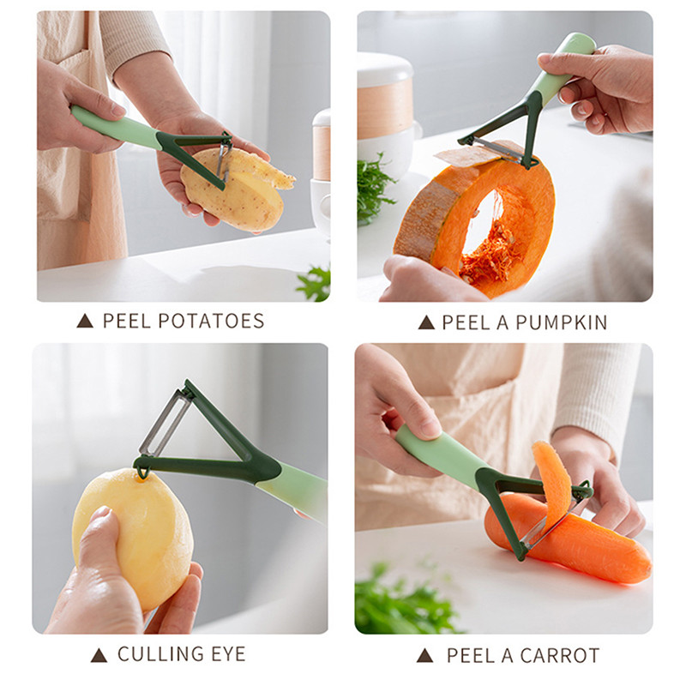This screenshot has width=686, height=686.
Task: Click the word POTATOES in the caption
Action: click(x=211, y=321)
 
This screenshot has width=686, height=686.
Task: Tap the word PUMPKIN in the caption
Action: click(x=562, y=322)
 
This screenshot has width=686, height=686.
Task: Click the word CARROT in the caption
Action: click(x=560, y=655)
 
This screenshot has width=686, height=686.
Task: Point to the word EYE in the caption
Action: click(x=228, y=654)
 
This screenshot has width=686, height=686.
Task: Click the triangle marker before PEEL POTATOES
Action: click(x=85, y=322)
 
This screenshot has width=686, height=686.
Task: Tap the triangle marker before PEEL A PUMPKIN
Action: click(x=426, y=323)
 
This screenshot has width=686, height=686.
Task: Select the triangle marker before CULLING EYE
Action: click(x=99, y=655)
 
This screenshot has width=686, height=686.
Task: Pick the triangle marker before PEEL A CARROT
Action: click(x=424, y=655)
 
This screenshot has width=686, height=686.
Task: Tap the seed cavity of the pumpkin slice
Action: click(x=490, y=237)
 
